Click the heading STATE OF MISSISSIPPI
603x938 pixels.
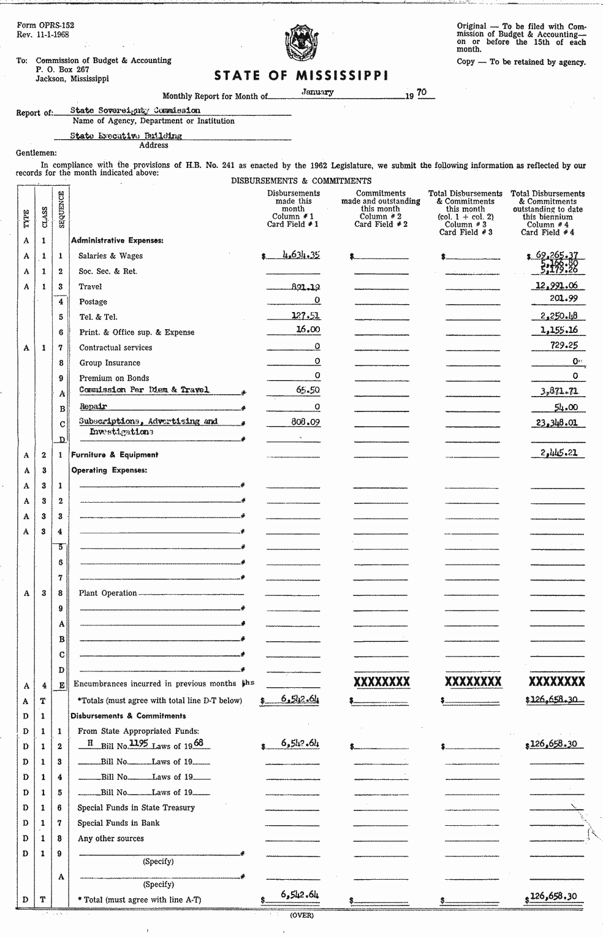[301, 76]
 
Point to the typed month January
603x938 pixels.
[318, 92]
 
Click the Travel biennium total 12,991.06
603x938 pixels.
[556, 286]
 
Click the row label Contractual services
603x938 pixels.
[115, 348]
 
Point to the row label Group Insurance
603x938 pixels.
[110, 363]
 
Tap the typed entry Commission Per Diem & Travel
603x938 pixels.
[144, 390]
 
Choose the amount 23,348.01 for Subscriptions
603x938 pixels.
[556, 422]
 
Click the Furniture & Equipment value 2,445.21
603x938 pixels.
[558, 454]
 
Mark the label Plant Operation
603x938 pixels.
[108, 593]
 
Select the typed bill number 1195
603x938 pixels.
[140, 743]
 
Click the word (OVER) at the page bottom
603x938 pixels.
[301, 915]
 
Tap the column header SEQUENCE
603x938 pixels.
[62, 210]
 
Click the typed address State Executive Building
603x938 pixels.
[126, 136]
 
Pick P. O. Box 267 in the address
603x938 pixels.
[62, 70]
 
